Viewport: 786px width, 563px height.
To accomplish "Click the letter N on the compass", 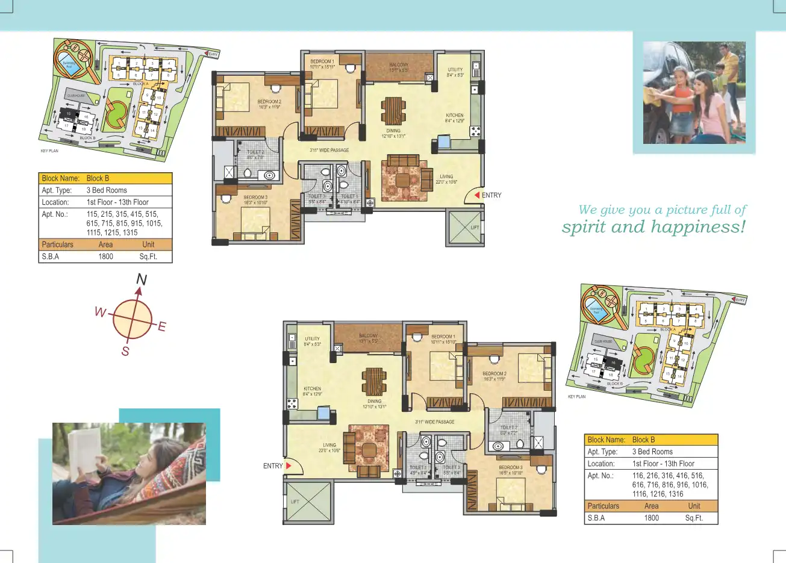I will (x=142, y=279).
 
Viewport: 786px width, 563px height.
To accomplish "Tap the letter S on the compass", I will (x=125, y=352).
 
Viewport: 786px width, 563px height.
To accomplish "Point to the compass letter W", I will (x=100, y=313).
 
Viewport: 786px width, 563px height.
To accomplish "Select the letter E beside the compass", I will (x=161, y=327).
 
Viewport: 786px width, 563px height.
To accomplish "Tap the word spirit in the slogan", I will (x=584, y=228).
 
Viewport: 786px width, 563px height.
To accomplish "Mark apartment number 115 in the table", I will (x=92, y=214).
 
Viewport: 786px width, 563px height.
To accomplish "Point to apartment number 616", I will (x=638, y=485).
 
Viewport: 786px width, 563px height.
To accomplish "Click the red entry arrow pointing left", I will (x=477, y=195).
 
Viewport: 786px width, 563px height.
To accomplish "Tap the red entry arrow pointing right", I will (x=288, y=465).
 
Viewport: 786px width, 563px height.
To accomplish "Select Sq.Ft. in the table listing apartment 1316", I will (x=694, y=518).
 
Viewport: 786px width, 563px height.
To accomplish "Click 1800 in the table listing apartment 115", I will (x=105, y=257).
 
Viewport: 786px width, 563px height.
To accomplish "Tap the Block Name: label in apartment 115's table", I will (x=60, y=178).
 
